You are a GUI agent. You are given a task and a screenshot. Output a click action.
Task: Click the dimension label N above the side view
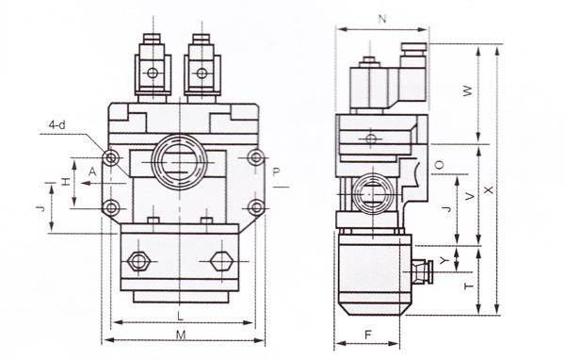point(382,19)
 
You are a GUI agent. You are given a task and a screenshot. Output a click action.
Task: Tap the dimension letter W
point(467,90)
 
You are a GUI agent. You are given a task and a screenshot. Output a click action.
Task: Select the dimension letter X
point(488,189)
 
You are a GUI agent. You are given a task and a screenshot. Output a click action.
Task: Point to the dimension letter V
point(470,197)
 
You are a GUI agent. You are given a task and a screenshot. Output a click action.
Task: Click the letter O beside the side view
point(439,165)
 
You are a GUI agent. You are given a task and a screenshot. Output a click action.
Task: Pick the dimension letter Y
point(444,260)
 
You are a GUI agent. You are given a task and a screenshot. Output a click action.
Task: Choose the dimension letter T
point(468,286)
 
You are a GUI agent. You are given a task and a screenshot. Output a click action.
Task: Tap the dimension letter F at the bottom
point(367,335)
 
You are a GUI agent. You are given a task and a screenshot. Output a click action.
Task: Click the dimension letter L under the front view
point(181,317)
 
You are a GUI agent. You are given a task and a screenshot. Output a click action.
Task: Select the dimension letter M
point(181,335)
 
